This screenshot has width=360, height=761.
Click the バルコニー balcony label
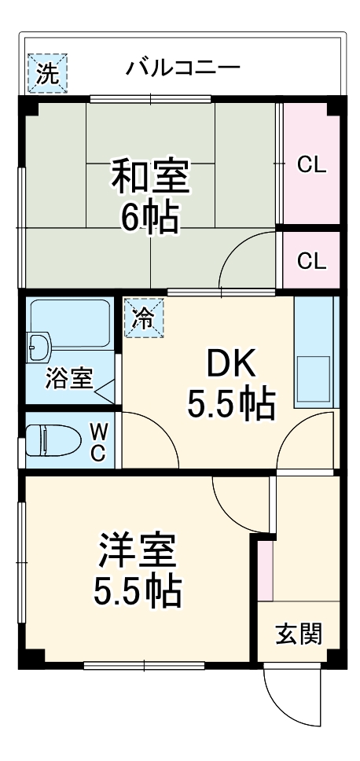[182, 68]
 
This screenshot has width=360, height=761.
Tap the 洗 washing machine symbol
[49, 73]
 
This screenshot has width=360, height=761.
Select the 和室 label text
[149, 177]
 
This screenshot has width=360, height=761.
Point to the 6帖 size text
[149, 218]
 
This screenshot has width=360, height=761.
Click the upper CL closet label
[311, 165]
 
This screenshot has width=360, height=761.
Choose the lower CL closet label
[311, 261]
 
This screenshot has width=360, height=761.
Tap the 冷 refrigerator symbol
[143, 318]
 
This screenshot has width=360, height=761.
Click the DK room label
[231, 363]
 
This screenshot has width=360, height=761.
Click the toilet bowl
[49, 440]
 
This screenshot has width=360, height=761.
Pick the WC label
[99, 441]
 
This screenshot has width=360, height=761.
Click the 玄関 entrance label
[299, 633]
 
